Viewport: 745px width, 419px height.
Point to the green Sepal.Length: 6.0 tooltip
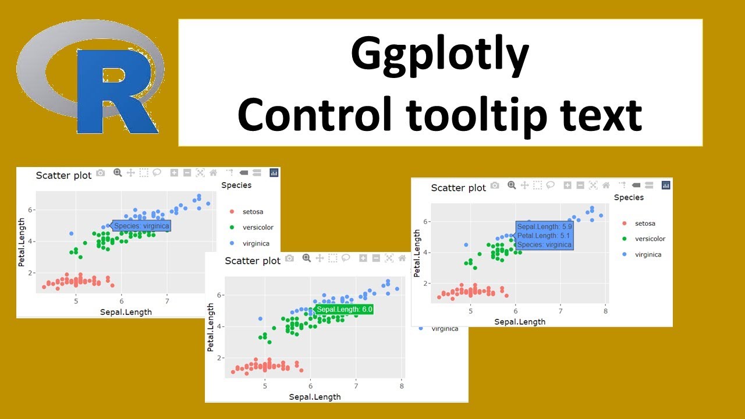(344, 309)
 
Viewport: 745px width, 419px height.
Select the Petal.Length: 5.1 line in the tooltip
(544, 236)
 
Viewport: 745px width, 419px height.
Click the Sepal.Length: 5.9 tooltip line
(544, 227)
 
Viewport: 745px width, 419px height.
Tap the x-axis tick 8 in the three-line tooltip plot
(605, 311)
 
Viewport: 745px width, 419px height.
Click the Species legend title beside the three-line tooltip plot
(629, 197)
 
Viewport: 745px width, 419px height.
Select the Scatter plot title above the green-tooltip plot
(253, 261)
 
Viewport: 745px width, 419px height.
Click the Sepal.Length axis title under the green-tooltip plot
(314, 397)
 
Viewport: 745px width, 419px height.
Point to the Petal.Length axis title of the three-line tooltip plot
(417, 253)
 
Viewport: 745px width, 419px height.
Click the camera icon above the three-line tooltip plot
(495, 185)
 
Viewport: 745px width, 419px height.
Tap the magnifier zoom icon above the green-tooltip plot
(307, 258)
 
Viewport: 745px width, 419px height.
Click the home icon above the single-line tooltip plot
(213, 172)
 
